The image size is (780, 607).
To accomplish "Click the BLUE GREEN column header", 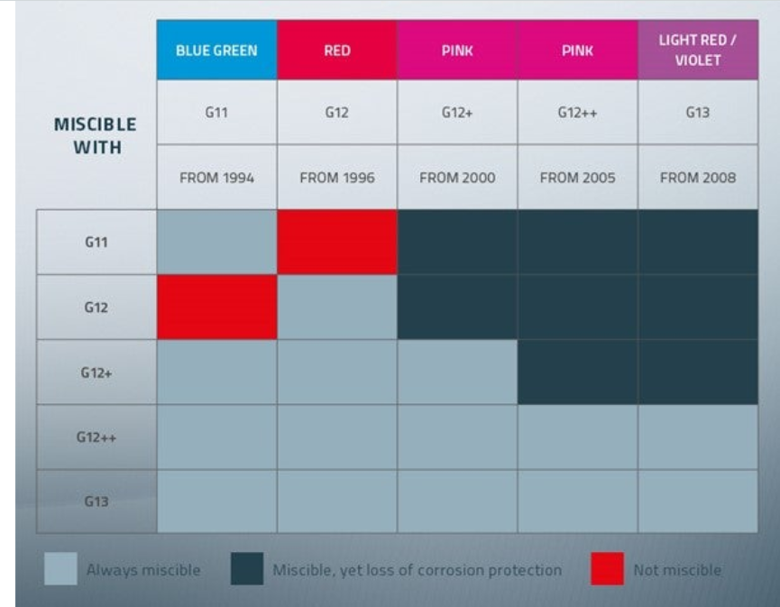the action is click(x=217, y=50).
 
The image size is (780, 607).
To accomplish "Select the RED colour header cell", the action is click(x=337, y=50).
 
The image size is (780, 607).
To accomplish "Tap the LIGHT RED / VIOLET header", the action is click(x=698, y=50).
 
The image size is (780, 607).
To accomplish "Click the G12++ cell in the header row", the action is click(x=577, y=113).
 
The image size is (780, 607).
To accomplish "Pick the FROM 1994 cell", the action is click(x=217, y=177).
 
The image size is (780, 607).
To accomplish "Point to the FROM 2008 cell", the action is click(x=698, y=177).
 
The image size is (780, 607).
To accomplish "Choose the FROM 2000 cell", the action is click(x=457, y=177).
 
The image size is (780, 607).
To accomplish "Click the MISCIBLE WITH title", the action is click(x=96, y=136).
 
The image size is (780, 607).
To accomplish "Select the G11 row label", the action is click(x=96, y=243).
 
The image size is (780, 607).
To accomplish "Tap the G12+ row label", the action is click(x=96, y=372).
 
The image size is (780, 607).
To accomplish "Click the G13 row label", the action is click(x=96, y=501).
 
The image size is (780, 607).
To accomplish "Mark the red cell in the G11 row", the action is click(x=337, y=243).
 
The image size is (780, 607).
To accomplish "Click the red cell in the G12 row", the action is click(x=217, y=308).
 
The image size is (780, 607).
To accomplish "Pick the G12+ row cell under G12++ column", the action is click(x=577, y=372).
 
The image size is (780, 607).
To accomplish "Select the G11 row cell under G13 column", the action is click(x=698, y=243).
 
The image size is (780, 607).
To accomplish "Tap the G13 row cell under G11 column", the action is click(x=217, y=501).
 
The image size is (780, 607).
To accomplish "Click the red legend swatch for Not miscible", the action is click(x=608, y=569).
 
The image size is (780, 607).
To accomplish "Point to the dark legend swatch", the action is click(x=247, y=569).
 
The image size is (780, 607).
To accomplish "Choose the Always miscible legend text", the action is click(x=143, y=570).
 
